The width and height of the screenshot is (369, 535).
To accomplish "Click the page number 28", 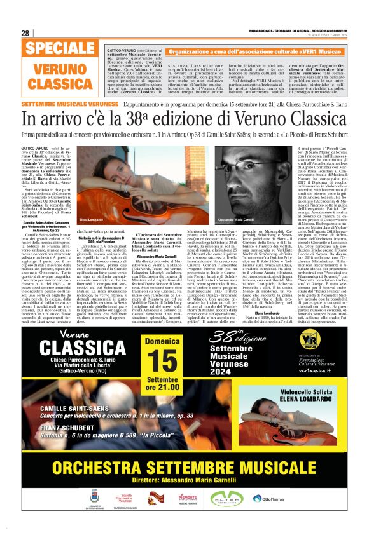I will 25,34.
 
